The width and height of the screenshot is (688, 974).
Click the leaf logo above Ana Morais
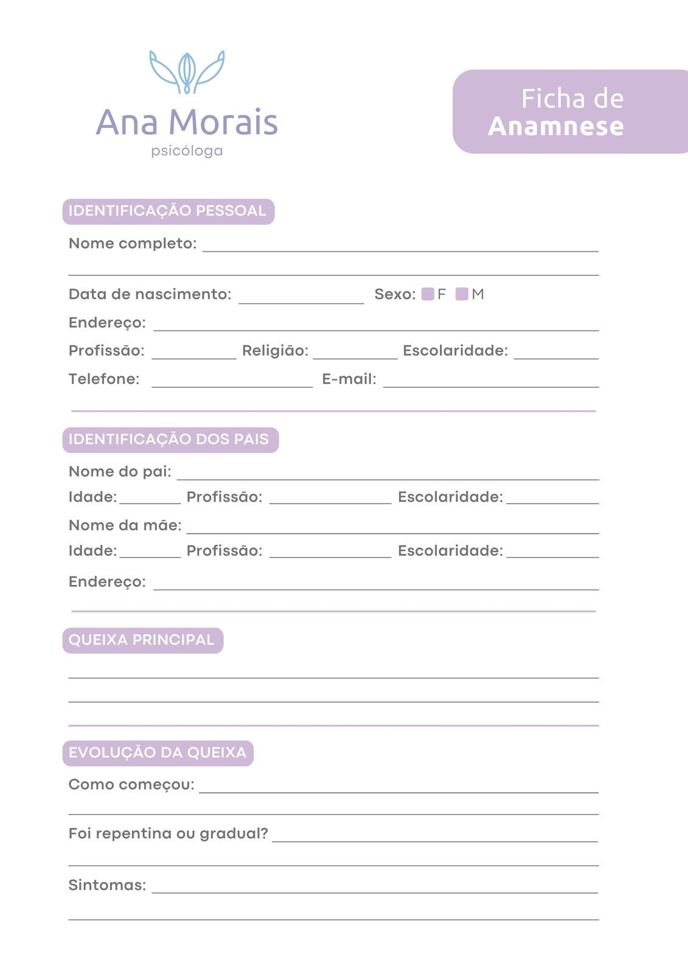tap(187, 72)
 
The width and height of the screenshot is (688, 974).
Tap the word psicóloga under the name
tap(187, 150)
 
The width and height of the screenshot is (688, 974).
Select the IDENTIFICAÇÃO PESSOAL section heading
tap(168, 211)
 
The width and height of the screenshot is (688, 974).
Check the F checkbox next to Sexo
tap(428, 295)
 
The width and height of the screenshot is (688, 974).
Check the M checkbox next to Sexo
tap(462, 295)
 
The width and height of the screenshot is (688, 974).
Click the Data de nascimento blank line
tap(301, 298)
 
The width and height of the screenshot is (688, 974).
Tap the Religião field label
tap(275, 351)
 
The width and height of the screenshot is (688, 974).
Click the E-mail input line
tap(491, 382)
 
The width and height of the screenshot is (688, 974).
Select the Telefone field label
tap(104, 379)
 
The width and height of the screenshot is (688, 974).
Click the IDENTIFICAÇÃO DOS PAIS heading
tap(170, 440)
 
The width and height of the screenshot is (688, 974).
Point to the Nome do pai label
tap(120, 472)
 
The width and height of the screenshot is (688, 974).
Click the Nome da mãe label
tap(125, 525)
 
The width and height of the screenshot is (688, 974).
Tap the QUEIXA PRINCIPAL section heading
tap(142, 640)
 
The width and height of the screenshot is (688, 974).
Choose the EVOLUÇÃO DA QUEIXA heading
tap(158, 753)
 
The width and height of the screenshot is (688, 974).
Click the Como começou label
tap(131, 785)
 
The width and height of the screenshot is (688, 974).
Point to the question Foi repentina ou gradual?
tap(168, 833)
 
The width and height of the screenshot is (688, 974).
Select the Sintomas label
tap(107, 885)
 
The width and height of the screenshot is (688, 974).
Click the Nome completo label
tap(133, 243)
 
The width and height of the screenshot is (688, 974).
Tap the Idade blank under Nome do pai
tap(150, 500)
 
